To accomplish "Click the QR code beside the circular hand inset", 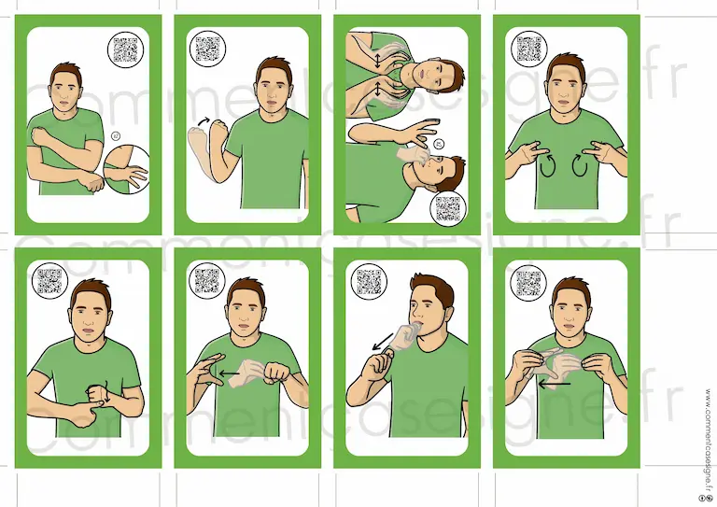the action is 125,49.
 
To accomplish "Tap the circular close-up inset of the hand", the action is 127,169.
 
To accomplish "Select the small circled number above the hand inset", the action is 115,135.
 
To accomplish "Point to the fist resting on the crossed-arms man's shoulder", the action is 39,135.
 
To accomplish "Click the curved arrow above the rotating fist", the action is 203,121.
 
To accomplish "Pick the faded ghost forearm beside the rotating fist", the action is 200,150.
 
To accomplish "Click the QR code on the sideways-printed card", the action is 448,208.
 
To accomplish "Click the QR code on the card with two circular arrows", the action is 529,49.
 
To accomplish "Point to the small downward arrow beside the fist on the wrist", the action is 106,392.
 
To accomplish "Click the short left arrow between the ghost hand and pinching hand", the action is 229,373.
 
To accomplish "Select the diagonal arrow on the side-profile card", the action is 382,342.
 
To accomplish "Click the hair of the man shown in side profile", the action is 435,288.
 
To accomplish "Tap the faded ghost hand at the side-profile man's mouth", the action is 404,336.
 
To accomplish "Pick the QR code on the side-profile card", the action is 369,282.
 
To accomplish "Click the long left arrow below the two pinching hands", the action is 555,385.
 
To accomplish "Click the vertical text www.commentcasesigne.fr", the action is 709,439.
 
